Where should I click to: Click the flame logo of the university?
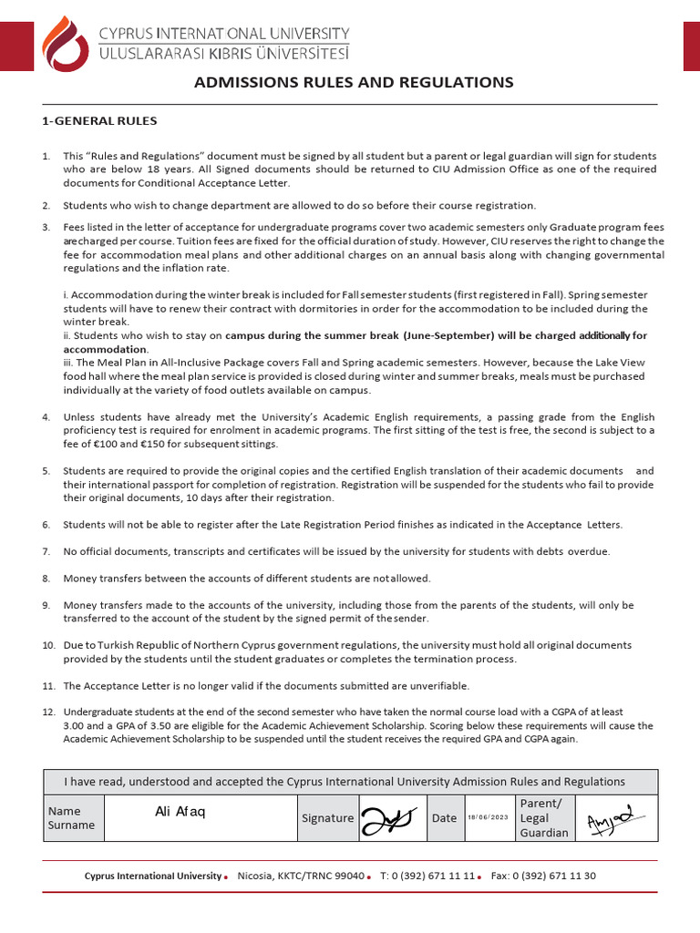[67, 46]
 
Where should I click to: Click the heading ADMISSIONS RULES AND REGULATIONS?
[354, 83]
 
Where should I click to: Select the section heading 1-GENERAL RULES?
[100, 121]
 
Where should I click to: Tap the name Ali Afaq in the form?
[180, 812]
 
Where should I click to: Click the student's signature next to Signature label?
[391, 817]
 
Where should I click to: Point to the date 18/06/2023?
[488, 818]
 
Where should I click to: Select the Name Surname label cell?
[71, 818]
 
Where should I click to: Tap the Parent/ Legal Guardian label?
[543, 817]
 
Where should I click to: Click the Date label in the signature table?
[444, 818]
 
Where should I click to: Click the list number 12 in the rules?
[49, 712]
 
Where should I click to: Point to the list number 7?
[46, 552]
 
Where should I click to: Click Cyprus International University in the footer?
[152, 876]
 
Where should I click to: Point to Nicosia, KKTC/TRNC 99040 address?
[300, 876]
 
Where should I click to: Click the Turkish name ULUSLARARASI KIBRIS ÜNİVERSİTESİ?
[223, 56]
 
